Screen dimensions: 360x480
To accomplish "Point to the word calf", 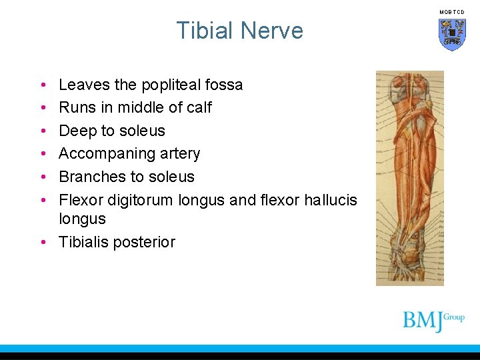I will click(x=197, y=108).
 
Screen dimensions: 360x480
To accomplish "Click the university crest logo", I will click(x=452, y=35).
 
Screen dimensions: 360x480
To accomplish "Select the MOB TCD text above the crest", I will click(x=452, y=12).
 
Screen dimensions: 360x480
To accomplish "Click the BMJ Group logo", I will click(x=433, y=319).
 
